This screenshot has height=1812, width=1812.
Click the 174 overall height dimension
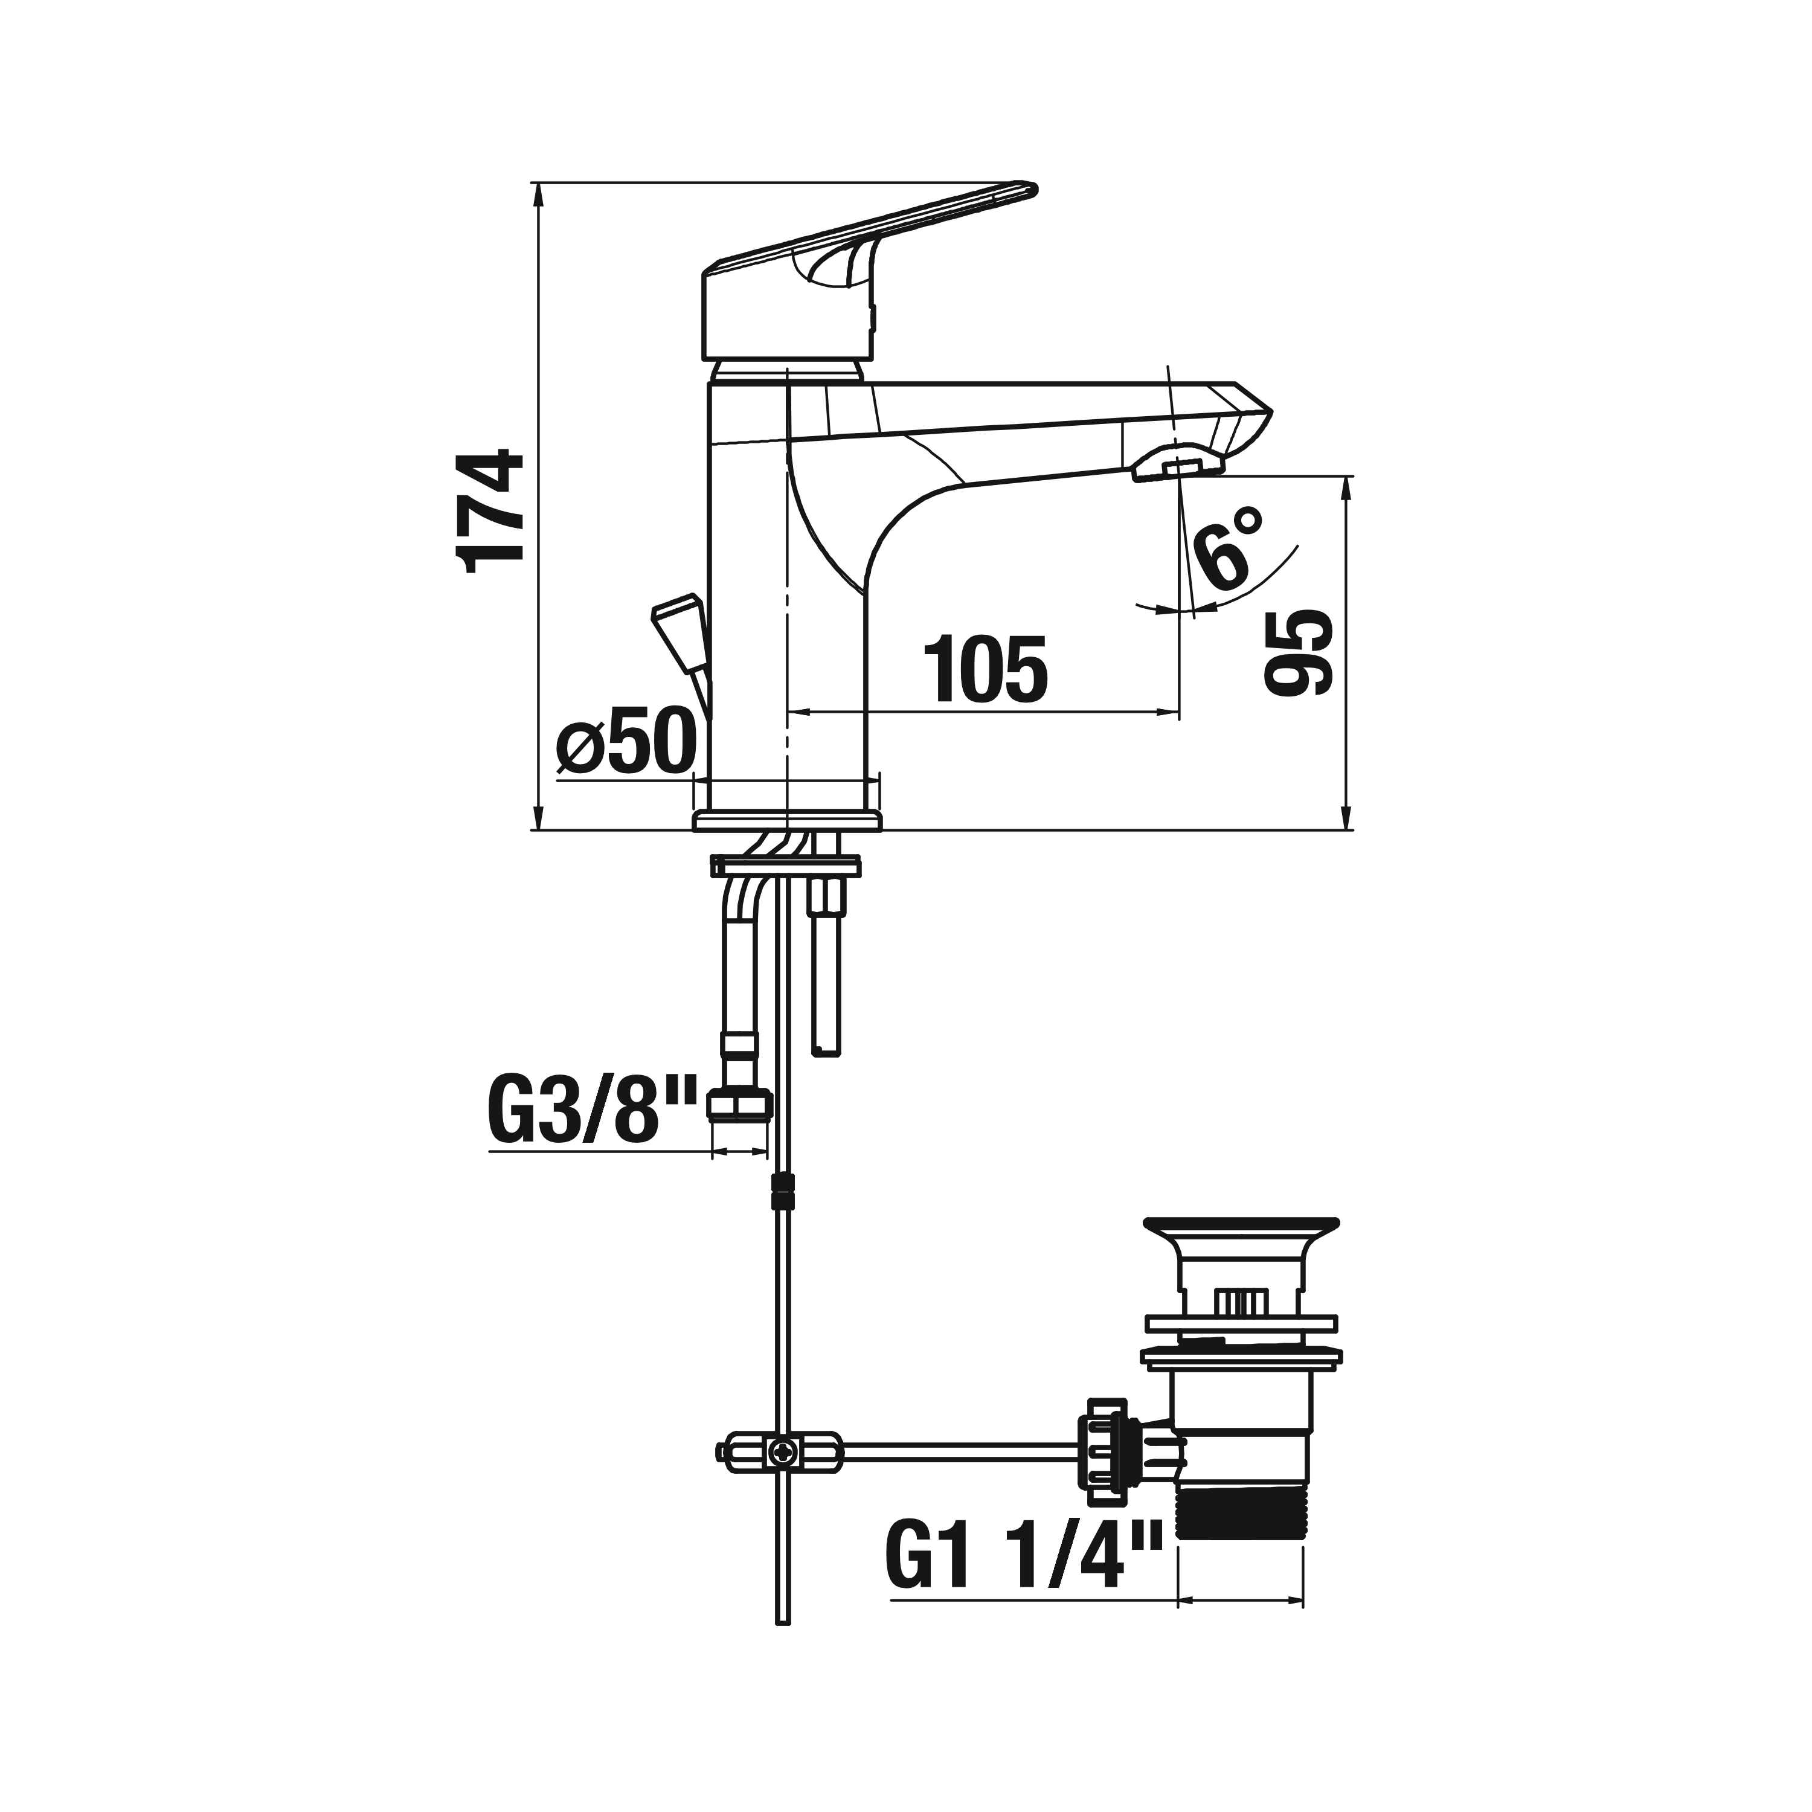pos(490,511)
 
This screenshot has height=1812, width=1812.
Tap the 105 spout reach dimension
pos(985,670)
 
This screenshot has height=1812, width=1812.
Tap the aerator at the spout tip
pos(1179,466)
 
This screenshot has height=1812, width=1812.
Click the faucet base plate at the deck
pos(788,821)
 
